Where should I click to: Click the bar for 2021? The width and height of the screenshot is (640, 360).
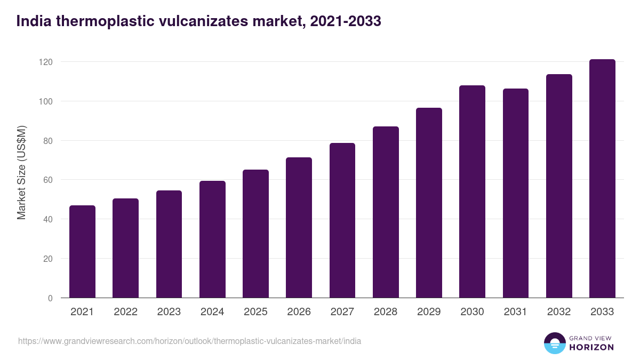(x=82, y=252)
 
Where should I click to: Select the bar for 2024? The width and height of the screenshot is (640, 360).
(x=212, y=239)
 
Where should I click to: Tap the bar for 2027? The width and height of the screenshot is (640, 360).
(x=342, y=220)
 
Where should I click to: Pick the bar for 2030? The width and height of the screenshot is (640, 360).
(x=472, y=191)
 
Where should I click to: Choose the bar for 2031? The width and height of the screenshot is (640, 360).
(x=516, y=193)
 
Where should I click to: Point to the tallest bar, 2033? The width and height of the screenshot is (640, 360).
(x=602, y=179)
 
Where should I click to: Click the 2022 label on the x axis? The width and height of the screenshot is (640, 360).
(x=125, y=312)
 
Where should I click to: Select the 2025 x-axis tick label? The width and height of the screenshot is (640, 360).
(x=255, y=312)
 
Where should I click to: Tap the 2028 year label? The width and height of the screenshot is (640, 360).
(x=386, y=312)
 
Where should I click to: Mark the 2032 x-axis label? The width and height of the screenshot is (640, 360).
(x=559, y=312)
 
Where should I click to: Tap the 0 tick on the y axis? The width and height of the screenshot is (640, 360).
(x=50, y=298)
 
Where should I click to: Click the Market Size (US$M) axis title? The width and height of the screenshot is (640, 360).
(x=21, y=172)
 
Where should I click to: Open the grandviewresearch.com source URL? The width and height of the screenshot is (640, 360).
(x=189, y=341)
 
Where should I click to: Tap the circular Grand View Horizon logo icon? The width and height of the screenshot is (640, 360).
(x=554, y=343)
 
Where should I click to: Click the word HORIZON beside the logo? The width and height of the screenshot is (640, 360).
(x=591, y=347)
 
